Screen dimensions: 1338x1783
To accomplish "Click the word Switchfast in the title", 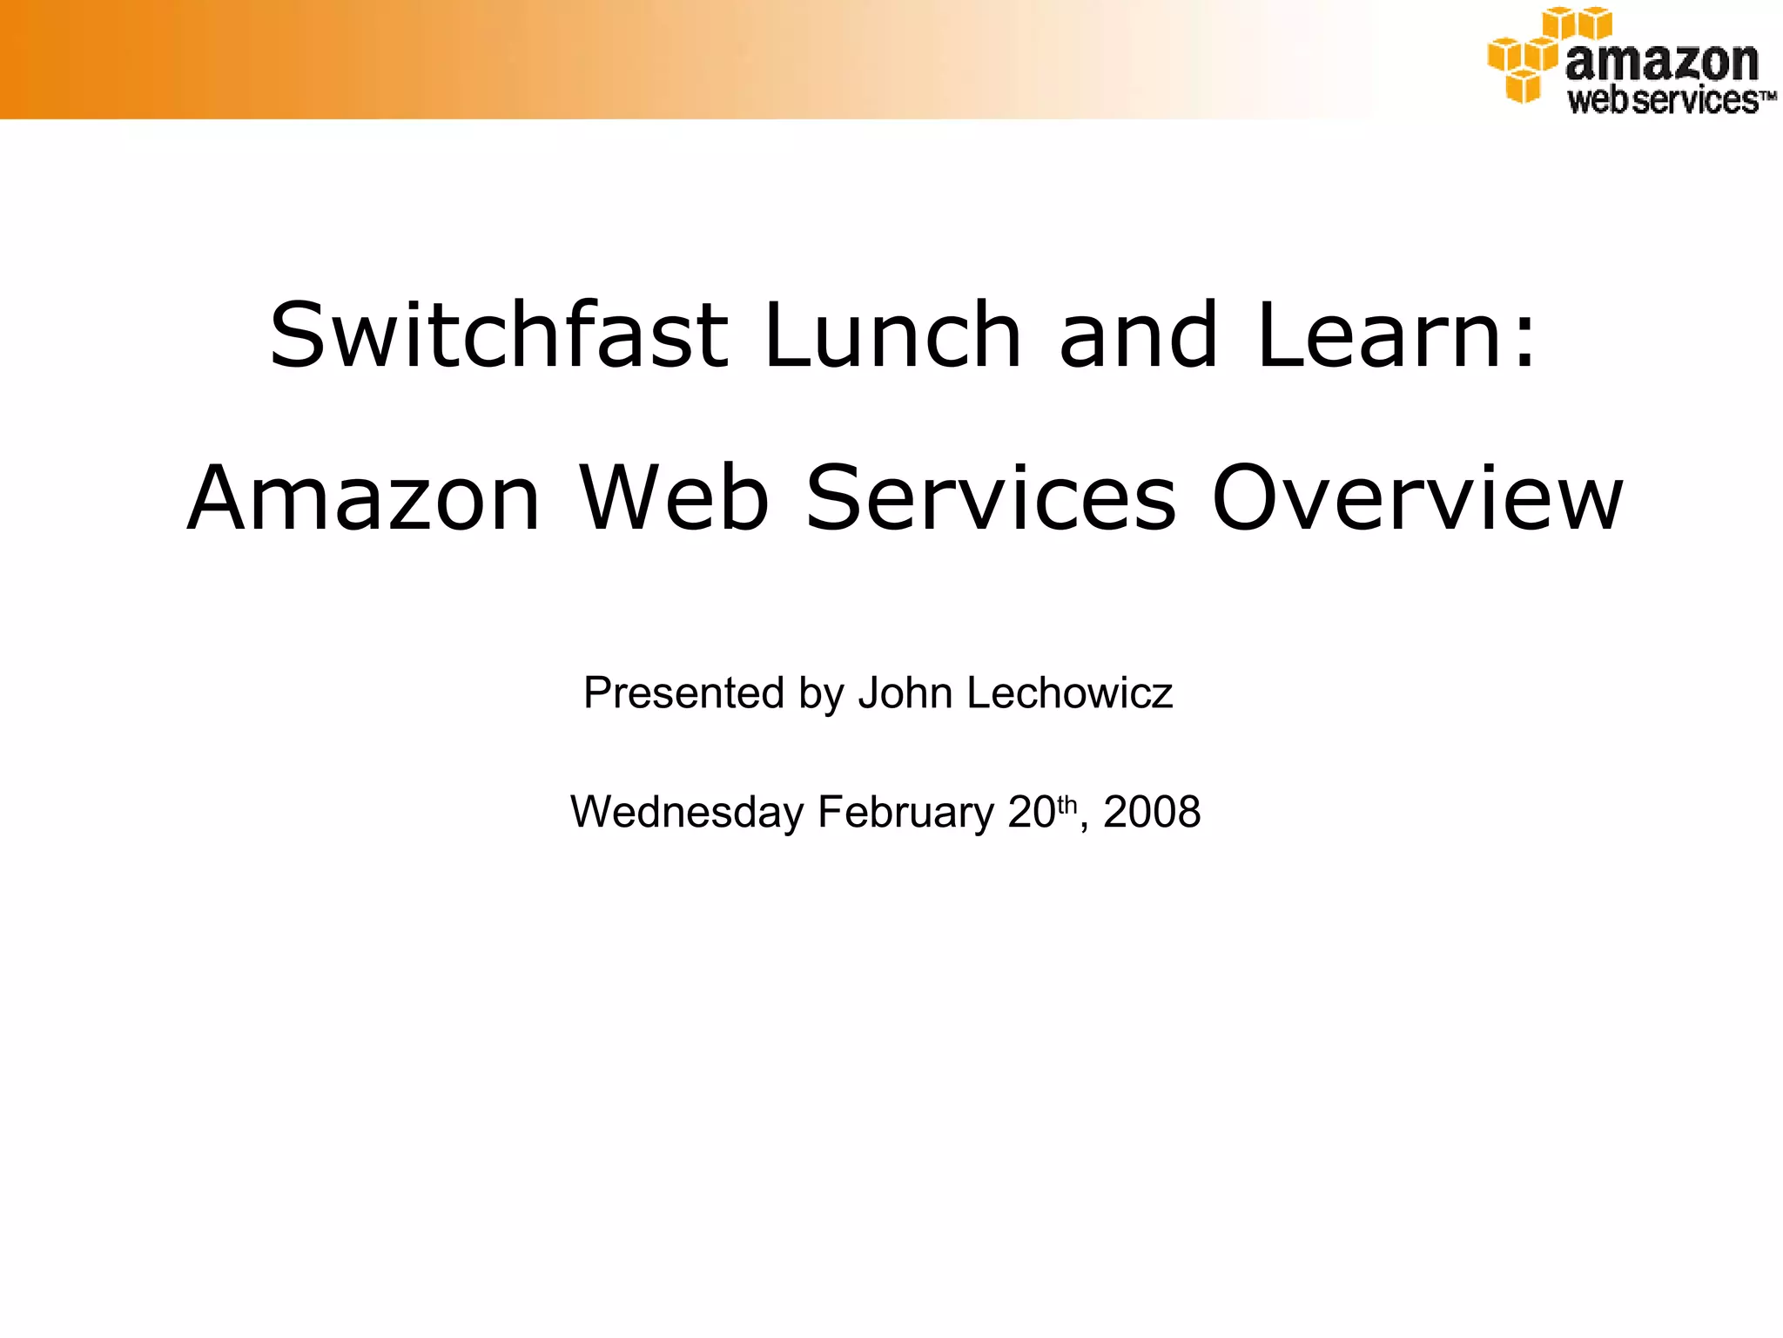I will [x=498, y=335].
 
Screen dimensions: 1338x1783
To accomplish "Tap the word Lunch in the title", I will [x=892, y=335].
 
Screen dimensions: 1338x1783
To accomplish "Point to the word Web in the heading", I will [x=675, y=498].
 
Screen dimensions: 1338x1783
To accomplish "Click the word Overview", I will [x=1417, y=498].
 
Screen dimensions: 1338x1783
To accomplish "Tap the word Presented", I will [x=684, y=693].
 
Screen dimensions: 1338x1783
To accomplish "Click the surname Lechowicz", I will [x=1070, y=693].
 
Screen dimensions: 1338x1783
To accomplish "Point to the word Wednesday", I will [x=687, y=812].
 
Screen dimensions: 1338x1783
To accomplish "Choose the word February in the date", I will [x=905, y=812].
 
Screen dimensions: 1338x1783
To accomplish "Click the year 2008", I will [x=1152, y=812].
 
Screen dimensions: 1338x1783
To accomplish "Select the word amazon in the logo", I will [x=1661, y=61].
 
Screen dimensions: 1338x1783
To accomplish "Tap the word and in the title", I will [x=1138, y=335].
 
